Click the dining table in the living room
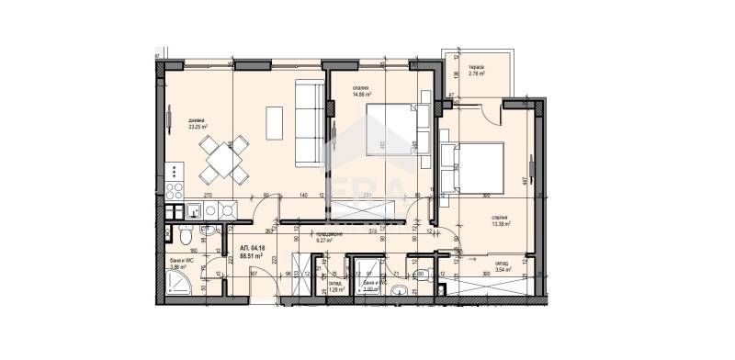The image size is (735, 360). point(225,160)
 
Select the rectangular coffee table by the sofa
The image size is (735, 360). point(275,122)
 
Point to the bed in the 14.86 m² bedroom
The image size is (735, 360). point(390,129)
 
